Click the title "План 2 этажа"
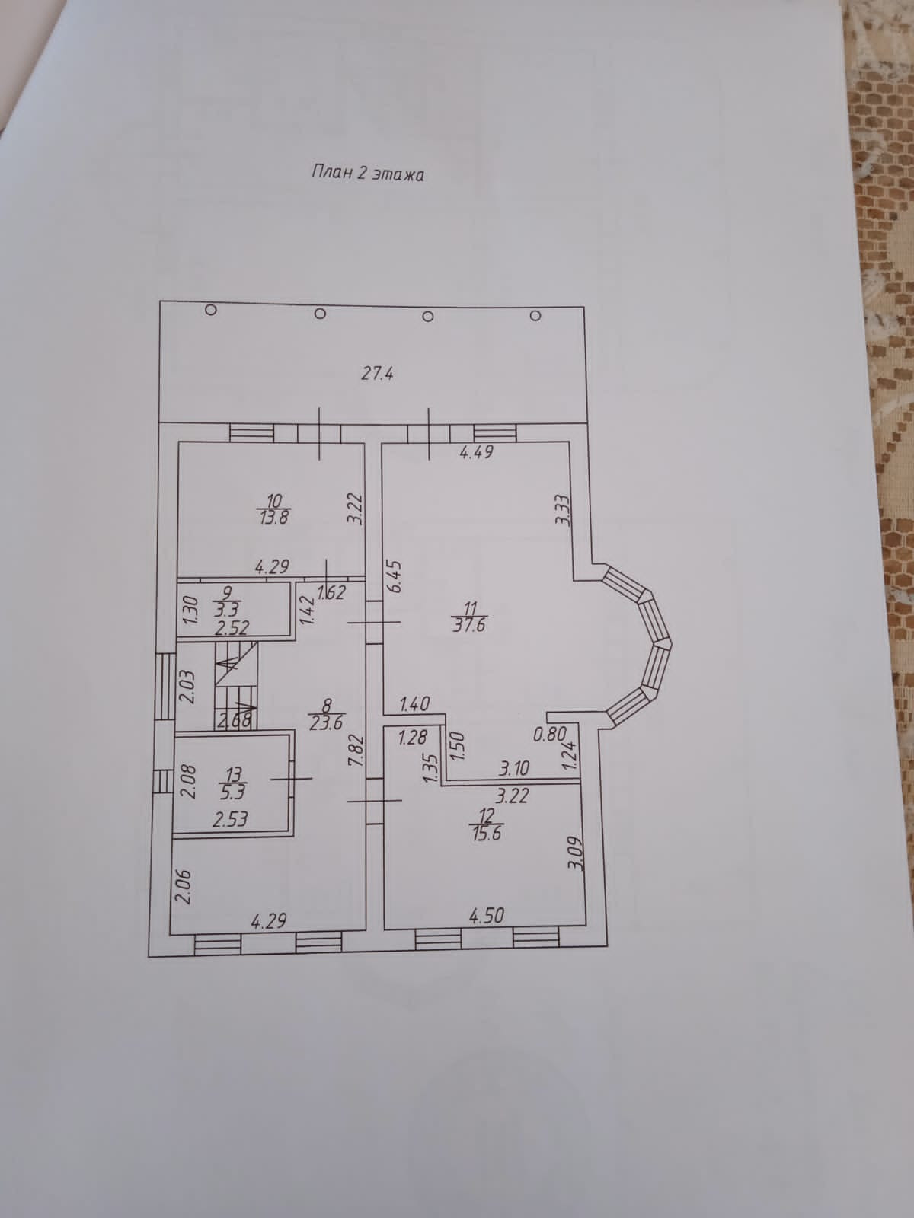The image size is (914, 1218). click(x=367, y=174)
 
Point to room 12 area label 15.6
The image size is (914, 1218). click(x=487, y=832)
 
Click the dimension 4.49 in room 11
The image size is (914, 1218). click(x=477, y=452)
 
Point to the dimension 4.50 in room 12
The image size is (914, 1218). click(x=487, y=916)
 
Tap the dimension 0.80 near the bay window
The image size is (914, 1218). click(x=550, y=735)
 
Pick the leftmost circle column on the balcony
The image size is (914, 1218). click(x=212, y=310)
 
